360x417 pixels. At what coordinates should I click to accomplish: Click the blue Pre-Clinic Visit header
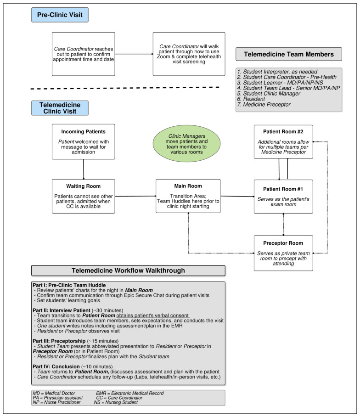pos(59,15)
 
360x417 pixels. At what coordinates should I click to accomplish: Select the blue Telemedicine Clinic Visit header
pos(59,108)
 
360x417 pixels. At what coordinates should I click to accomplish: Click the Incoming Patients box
pos(83,141)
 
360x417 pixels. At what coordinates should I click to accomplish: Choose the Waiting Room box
pos(83,196)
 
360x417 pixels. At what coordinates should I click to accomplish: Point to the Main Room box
pos(187,196)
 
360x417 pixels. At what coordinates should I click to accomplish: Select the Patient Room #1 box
pos(284,196)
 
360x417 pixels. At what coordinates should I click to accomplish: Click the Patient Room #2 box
pos(284,141)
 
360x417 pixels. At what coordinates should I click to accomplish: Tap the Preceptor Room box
pos(284,252)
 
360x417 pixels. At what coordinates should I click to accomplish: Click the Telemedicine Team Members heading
pos(288,54)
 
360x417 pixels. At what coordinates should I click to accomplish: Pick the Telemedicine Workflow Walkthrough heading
pos(128,270)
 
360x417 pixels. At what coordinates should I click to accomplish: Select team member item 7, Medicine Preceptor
pos(264,105)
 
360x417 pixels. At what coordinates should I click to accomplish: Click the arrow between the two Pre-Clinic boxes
pos(134,54)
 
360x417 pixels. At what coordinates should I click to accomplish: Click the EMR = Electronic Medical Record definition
pos(131,394)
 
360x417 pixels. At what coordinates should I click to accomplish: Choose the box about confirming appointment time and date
pos(83,54)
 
